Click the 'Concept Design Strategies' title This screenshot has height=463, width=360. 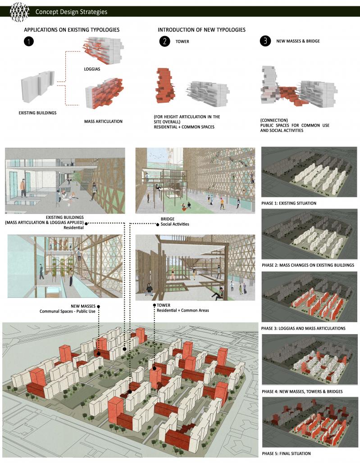pos(71,12)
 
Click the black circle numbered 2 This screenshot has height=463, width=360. pos(164,41)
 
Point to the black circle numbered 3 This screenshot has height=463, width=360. pos(265,41)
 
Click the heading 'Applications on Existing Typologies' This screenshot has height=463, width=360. pos(72,30)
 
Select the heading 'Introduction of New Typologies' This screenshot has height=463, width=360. pos(201,30)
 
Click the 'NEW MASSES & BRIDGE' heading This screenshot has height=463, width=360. pos(298,41)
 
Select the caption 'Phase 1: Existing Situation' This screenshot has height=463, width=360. pos(289,203)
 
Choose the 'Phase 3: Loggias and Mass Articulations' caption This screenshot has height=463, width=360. pos(303,328)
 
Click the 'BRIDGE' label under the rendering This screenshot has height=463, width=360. pos(170,219)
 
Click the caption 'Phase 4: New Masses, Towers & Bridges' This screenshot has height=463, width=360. pos(302,391)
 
